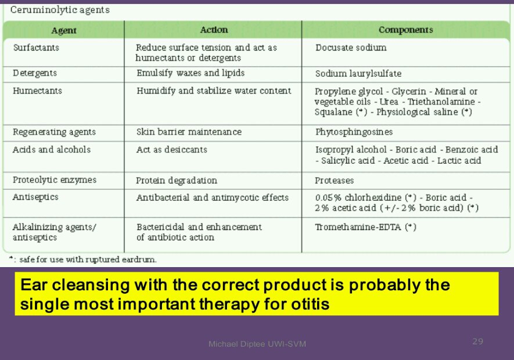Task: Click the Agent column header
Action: click(63, 31)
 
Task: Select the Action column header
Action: click(214, 30)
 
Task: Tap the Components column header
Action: click(406, 30)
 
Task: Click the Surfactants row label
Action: click(36, 48)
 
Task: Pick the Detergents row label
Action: click(35, 73)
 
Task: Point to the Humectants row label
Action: click(37, 91)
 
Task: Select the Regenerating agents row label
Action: click(54, 132)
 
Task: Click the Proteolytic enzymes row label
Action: click(55, 180)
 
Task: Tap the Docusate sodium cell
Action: click(351, 48)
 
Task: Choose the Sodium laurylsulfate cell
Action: click(358, 73)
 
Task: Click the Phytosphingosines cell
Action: click(354, 132)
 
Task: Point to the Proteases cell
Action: click(335, 181)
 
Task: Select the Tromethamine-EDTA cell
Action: click(365, 227)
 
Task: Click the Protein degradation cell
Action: click(177, 181)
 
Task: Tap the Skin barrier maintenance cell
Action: click(189, 132)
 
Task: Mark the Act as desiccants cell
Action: click(172, 150)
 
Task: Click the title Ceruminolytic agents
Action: click(60, 10)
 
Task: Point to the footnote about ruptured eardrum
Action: click(83, 260)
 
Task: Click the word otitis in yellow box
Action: click(310, 304)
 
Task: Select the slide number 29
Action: click(477, 341)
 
